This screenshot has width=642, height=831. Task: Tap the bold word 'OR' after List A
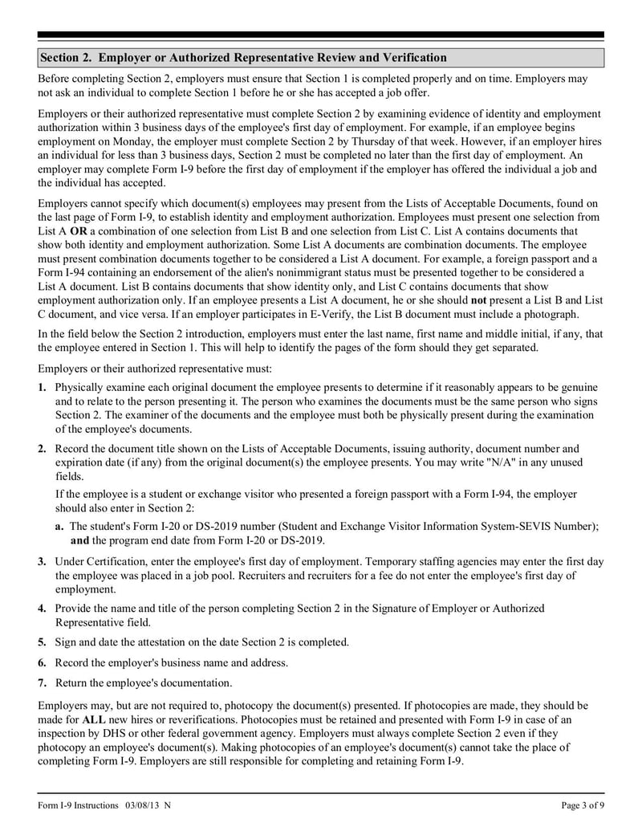pos(79,230)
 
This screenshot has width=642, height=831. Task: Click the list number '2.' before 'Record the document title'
pos(43,448)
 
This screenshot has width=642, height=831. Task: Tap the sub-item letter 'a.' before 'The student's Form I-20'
pos(60,526)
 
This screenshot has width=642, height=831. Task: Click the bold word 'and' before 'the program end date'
pos(79,540)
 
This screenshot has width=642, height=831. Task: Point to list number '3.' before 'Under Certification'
pos(43,560)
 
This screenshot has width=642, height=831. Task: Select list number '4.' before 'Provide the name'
pos(43,608)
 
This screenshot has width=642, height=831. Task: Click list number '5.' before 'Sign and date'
pos(43,642)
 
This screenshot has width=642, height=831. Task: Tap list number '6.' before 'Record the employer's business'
pos(43,662)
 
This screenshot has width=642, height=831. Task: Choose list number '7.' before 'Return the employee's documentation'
pos(43,682)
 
